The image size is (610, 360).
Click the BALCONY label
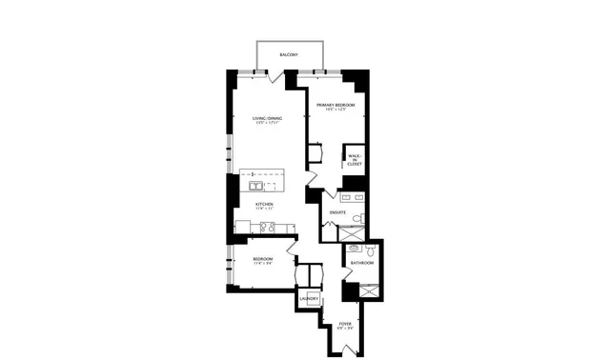coord(289,55)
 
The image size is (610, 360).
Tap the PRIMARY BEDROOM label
coord(335,104)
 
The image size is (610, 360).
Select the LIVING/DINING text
coord(266,118)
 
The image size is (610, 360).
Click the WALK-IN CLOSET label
coord(355,161)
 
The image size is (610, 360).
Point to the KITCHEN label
coord(264,204)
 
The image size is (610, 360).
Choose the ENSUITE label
coord(337,211)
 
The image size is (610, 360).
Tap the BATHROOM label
coord(362,263)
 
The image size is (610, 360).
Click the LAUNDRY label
coord(308,299)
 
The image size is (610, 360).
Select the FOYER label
coord(345,324)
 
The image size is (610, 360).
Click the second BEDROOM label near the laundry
coord(263,259)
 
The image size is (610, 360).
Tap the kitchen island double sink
coord(258,187)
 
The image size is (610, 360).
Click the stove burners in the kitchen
coord(268,228)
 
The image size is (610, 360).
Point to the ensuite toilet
coord(357,219)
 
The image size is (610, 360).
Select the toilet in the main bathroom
coord(372,250)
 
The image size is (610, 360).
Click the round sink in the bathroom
coord(355,249)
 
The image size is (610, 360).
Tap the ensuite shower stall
coord(353,232)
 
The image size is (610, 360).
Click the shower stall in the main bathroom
coord(369,290)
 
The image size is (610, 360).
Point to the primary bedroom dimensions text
coord(335,110)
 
